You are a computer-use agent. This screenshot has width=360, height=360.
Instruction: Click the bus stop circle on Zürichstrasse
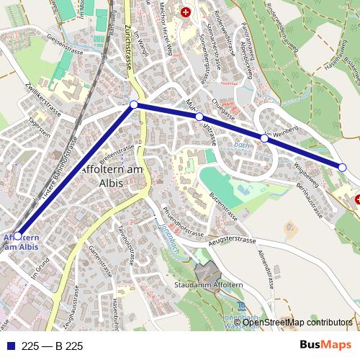(x=133, y=105)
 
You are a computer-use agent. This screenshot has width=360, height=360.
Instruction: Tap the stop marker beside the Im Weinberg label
(x=265, y=138)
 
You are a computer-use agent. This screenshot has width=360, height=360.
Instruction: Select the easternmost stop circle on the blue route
(x=343, y=168)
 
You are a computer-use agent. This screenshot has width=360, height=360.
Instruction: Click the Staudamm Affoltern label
(x=204, y=285)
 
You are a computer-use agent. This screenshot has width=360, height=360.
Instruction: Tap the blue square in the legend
(x=12, y=346)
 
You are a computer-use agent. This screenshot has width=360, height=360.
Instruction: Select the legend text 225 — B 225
(x=53, y=346)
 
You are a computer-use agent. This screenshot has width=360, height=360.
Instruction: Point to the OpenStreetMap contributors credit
(x=297, y=323)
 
